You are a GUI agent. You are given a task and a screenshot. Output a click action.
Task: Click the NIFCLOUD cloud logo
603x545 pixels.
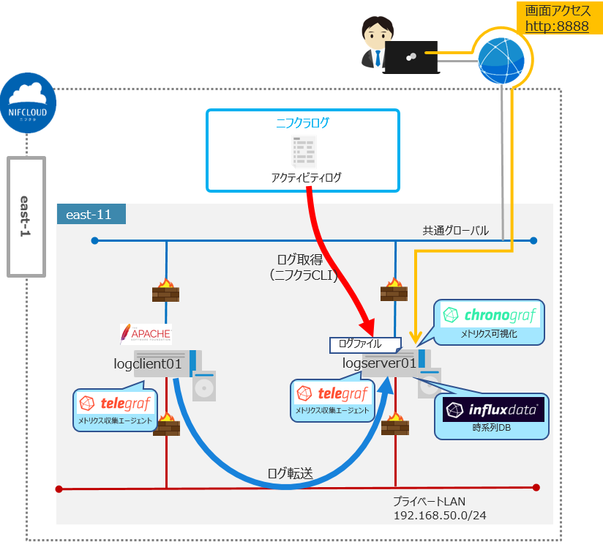[28, 103]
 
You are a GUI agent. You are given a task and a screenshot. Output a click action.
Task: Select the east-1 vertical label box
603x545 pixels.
[26, 217]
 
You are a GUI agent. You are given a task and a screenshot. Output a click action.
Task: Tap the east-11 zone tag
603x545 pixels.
[90, 214]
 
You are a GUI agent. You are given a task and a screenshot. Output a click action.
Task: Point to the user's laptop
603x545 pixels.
[411, 57]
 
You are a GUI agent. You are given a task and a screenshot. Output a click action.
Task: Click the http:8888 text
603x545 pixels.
[557, 26]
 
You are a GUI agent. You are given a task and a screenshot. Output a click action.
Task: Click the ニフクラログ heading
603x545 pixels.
[302, 123]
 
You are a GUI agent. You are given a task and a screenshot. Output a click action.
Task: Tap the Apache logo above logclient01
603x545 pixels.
[145, 334]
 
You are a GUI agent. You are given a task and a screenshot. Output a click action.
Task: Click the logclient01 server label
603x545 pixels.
[146, 363]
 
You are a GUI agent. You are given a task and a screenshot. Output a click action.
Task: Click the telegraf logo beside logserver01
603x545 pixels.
[332, 393]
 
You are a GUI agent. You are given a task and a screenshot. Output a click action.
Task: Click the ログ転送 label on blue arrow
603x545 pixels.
[291, 473]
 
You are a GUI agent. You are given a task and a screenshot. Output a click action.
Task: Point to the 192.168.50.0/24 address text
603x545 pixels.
[440, 516]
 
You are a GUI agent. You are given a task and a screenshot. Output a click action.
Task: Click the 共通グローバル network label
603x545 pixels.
[455, 230]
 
